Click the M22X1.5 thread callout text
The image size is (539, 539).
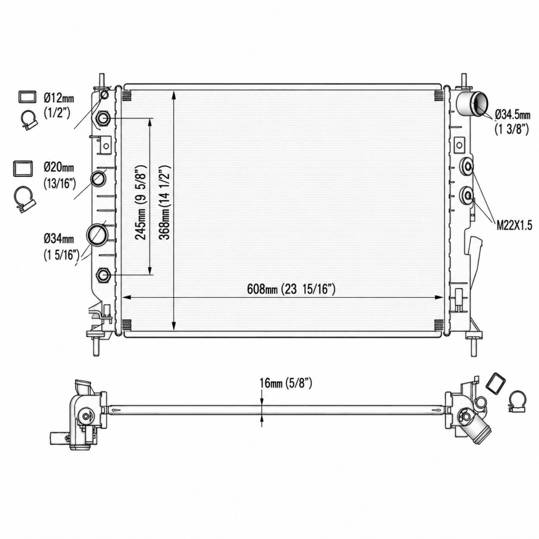(x=514, y=225)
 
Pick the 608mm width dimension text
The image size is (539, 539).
(x=291, y=289)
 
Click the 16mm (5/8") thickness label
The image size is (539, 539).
(x=286, y=383)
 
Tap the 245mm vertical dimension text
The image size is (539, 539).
(x=140, y=202)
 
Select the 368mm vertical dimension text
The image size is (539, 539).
(x=165, y=202)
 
